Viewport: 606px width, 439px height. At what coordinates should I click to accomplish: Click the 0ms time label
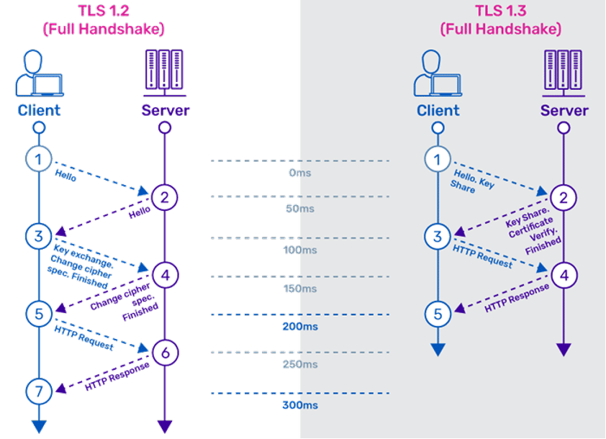(300, 173)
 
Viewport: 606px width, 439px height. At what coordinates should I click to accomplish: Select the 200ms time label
(300, 327)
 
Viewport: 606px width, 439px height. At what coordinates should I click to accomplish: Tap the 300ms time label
(300, 405)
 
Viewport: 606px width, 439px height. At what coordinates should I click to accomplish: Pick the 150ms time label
(300, 289)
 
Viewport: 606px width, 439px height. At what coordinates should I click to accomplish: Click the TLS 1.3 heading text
(501, 19)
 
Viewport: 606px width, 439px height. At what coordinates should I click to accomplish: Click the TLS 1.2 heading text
(104, 19)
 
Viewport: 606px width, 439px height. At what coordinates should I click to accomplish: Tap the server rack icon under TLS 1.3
(564, 73)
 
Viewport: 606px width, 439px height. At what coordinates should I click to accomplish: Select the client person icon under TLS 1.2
(40, 73)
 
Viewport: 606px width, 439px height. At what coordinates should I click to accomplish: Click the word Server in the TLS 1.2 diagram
(166, 111)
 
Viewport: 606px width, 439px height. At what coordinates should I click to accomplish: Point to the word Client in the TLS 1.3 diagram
(438, 111)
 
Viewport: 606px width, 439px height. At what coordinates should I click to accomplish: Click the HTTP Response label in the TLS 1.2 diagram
(117, 376)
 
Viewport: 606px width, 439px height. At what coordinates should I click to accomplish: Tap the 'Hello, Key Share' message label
(473, 181)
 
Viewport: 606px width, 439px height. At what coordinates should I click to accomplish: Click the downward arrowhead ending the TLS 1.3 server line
(564, 349)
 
